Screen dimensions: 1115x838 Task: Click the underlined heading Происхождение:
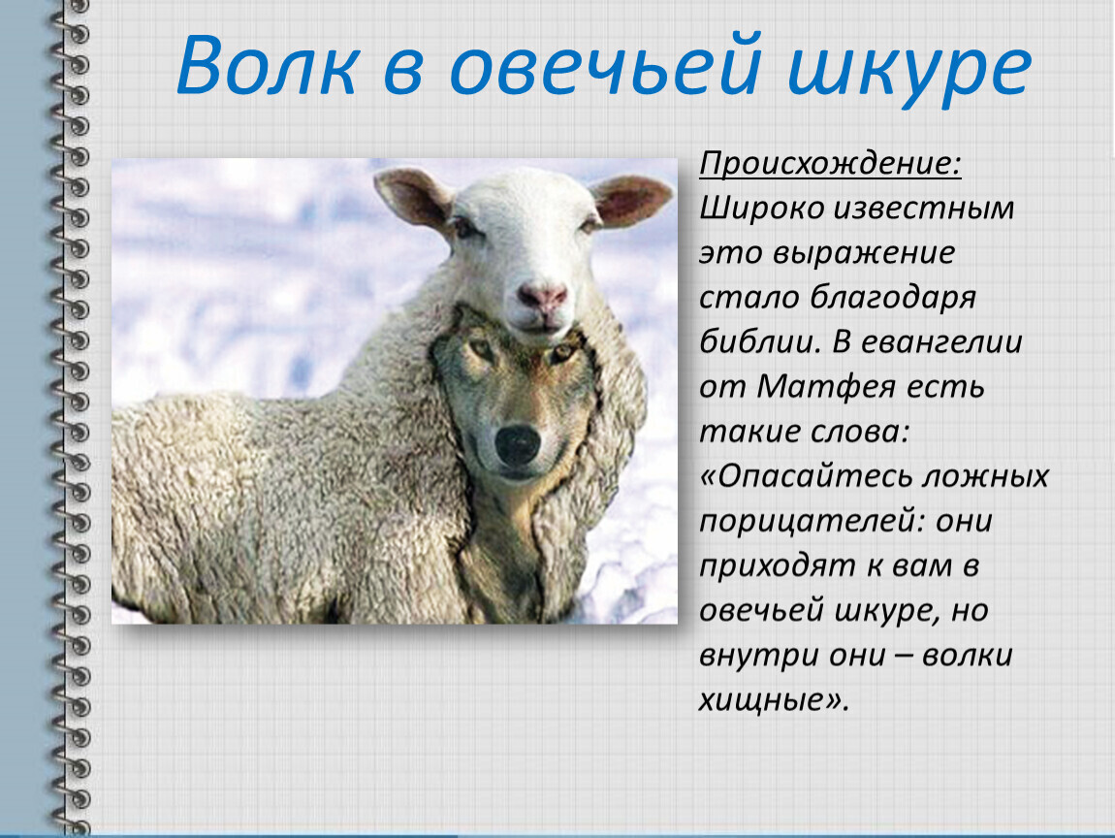[x=830, y=164]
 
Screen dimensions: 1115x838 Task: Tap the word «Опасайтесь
[x=807, y=476]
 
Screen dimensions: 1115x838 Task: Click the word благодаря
[x=893, y=298]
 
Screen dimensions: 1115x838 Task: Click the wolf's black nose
[x=518, y=444]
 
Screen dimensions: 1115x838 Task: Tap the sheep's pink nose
[x=543, y=297]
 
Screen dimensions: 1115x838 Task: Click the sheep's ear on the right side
[x=630, y=200]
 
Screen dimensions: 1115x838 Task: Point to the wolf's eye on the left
[x=483, y=350]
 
